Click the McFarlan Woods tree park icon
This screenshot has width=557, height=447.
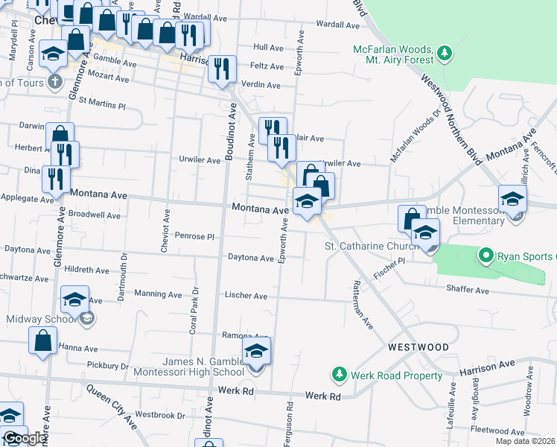coord(445,52)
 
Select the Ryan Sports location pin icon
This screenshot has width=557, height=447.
coord(486,257)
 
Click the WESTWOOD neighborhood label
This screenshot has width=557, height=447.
coord(418,347)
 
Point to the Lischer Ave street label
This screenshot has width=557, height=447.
coord(246,296)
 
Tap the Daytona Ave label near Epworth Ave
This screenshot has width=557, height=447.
coord(251,258)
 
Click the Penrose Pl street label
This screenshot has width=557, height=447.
coord(194,236)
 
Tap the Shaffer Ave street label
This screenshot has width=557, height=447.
coord(468,289)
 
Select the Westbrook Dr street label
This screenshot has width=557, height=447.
coord(160,415)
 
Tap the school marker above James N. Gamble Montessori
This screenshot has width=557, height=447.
coord(256,351)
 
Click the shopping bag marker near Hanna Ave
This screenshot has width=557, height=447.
coord(43,341)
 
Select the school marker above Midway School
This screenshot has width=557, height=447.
coord(74,299)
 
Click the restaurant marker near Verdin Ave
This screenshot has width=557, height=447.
coord(222,69)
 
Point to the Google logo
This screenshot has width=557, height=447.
coord(24,439)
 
